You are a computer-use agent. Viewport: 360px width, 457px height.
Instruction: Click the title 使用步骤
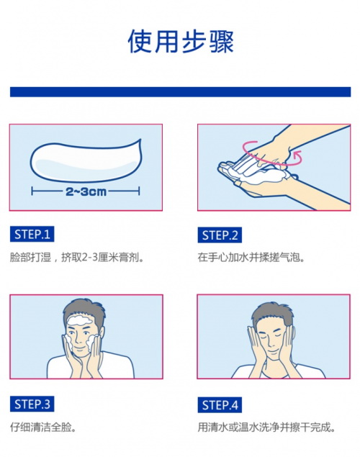pos(181,41)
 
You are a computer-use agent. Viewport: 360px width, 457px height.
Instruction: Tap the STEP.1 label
pos(32,235)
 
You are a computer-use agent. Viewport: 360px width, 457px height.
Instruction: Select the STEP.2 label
pos(220,235)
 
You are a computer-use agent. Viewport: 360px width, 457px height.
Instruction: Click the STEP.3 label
pos(32,404)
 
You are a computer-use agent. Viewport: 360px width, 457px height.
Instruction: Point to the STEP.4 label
pos(220,405)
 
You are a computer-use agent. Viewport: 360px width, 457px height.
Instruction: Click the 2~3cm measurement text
pos(86,191)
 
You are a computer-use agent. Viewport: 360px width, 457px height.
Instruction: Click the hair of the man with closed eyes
pos(273,313)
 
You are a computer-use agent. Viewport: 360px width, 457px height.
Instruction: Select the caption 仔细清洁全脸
pos(43,427)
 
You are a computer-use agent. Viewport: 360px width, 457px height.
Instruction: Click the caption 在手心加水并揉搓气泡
pos(251,258)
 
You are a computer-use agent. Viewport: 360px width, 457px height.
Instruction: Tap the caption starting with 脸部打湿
pos(77,258)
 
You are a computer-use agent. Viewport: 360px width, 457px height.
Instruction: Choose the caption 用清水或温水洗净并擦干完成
pos(266,427)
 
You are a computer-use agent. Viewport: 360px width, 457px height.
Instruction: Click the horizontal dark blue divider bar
pos(181,92)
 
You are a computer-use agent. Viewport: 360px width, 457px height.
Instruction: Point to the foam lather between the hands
pos(256,176)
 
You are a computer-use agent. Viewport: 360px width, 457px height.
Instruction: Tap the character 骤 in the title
pos(221,41)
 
